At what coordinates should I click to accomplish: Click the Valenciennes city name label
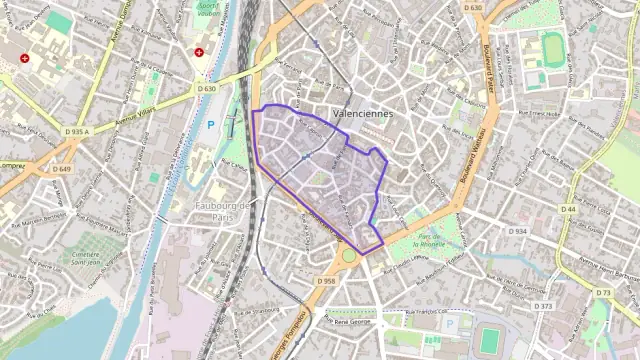pyautogui.click(x=362, y=115)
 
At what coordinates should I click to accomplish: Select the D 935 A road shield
pyautogui.click(x=77, y=131)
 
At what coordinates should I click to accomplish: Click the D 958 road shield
pyautogui.click(x=327, y=282)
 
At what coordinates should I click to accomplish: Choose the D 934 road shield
pyautogui.click(x=517, y=231)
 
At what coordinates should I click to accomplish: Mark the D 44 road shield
pyautogui.click(x=569, y=209)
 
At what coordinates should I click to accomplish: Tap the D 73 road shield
pyautogui.click(x=603, y=292)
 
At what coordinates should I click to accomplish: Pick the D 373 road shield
pyautogui.click(x=544, y=306)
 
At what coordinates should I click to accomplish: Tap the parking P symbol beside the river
pyautogui.click(x=211, y=126)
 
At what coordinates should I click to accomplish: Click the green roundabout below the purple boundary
pyautogui.click(x=349, y=256)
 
